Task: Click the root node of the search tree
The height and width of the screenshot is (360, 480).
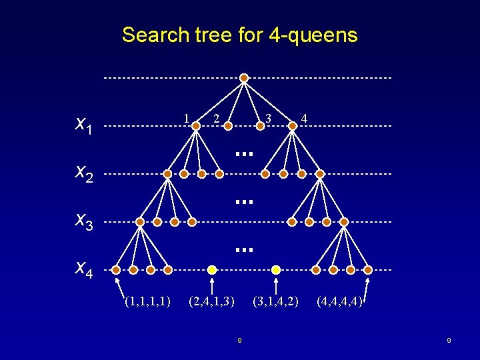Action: point(244,78)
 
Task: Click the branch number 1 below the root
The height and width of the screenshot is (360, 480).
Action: point(187,118)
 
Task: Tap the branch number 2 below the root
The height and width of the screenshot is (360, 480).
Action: point(216,119)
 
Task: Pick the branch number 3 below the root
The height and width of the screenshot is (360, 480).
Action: point(268,119)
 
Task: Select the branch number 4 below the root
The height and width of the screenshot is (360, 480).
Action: point(304,119)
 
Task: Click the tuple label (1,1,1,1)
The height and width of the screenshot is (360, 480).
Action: point(147,301)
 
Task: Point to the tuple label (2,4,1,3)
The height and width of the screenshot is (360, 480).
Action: point(211,301)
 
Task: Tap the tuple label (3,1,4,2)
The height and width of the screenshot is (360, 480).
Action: point(275,301)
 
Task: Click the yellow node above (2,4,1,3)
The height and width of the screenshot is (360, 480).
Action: point(211,270)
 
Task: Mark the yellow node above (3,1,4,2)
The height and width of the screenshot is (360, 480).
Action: point(276,270)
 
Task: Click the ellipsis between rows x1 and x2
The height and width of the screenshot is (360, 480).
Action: point(245,153)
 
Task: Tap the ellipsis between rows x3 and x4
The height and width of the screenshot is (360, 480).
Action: point(245,249)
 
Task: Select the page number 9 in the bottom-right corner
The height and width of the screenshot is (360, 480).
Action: point(449,341)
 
